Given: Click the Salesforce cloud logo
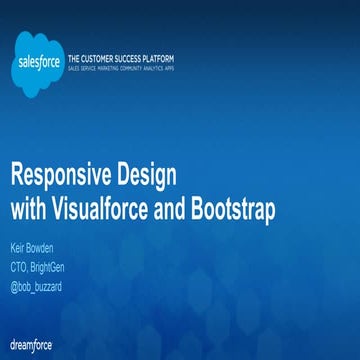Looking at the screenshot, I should [x=38, y=62].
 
